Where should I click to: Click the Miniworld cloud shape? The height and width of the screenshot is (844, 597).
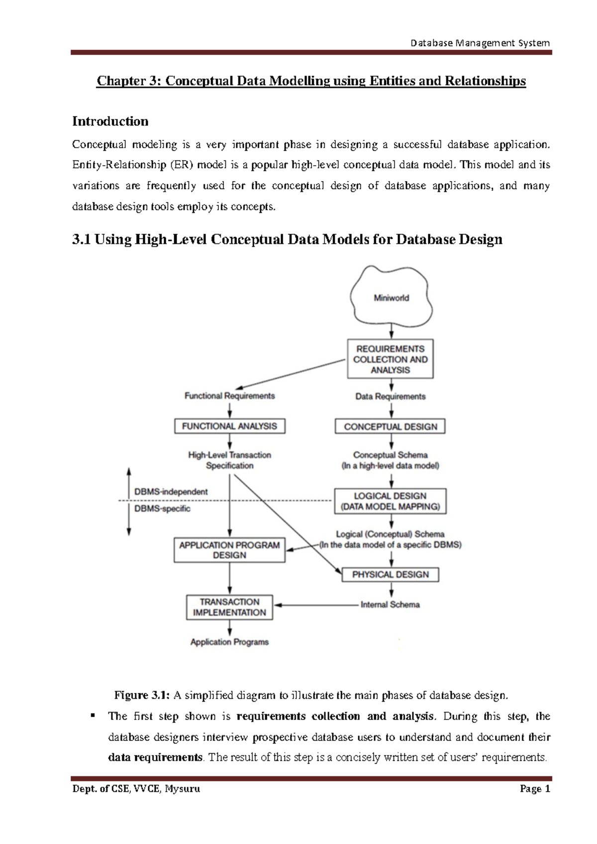pos(391,297)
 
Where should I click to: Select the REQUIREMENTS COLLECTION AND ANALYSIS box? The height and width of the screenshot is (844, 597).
pos(390,359)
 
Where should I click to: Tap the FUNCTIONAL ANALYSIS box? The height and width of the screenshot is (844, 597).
pos(229,426)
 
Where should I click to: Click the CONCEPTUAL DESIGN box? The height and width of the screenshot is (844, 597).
pos(391,427)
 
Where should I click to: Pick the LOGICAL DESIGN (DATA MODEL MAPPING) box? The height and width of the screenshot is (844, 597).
pos(390,501)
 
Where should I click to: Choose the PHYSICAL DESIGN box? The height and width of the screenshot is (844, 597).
pos(391,575)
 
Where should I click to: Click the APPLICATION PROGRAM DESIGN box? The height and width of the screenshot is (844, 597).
pos(229,550)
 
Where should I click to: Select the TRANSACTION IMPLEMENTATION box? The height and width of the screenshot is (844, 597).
pos(229,607)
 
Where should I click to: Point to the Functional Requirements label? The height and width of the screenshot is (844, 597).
pos(229,396)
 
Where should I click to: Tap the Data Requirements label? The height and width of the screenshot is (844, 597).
pos(391,397)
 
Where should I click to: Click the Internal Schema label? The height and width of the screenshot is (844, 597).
pos(390,605)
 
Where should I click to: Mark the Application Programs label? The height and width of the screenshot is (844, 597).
pos(229,642)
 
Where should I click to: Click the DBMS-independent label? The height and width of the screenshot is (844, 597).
pos(171,492)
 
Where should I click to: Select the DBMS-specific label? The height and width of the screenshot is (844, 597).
pos(162,509)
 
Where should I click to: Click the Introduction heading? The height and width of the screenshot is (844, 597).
pos(110,121)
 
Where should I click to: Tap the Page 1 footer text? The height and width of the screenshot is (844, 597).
pos(535,789)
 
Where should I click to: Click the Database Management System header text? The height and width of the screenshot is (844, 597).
pos(480,43)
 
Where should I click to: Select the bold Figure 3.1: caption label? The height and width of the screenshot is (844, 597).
pos(142,695)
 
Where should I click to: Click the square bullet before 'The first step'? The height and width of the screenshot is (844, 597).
pos(92,716)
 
